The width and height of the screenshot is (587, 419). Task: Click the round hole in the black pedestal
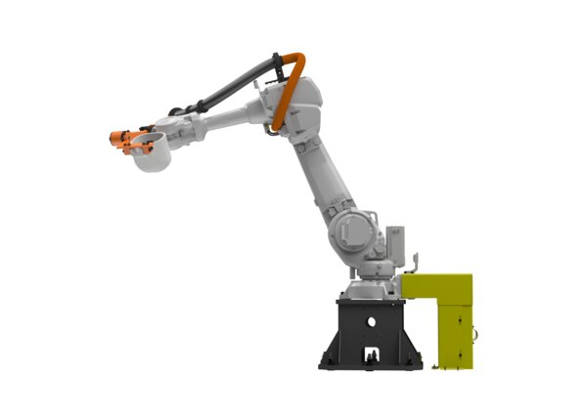click(371, 320)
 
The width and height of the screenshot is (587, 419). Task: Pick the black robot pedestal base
click(370, 332)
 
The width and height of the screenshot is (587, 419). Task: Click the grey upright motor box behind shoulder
click(396, 242)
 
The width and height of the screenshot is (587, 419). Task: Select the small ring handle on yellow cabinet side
click(476, 331)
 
